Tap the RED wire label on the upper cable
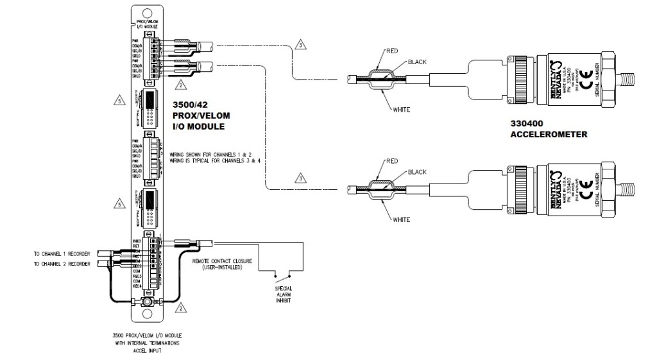[393, 49]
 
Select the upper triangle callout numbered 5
[117, 99]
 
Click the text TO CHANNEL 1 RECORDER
[62, 254]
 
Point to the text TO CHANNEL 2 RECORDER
[62, 264]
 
